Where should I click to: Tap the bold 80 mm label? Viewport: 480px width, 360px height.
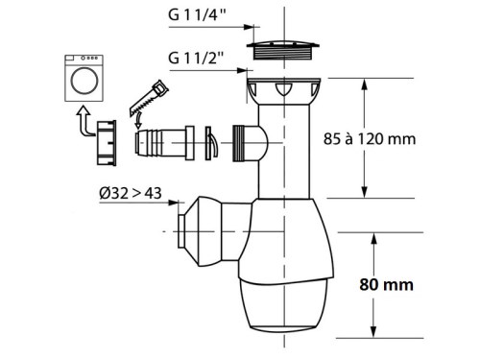(x=395, y=284)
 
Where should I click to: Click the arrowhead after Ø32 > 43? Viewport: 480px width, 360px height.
(x=178, y=204)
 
